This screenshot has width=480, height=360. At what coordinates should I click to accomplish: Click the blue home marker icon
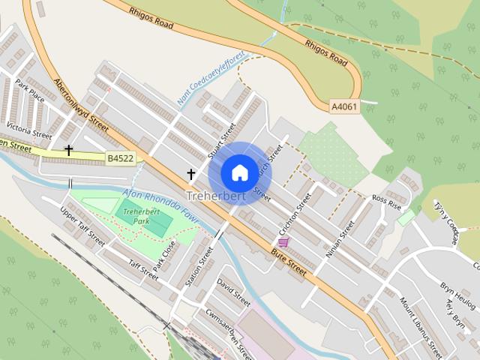(239, 172)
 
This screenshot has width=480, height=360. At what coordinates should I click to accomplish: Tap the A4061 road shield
(344, 107)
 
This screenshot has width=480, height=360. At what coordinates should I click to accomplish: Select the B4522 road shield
(120, 158)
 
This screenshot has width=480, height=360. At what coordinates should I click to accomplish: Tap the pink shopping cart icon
(283, 242)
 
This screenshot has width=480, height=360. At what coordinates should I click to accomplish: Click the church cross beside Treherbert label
(190, 175)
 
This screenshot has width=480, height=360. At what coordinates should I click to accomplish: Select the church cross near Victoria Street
(69, 151)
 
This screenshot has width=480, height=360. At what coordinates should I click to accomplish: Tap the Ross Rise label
(387, 202)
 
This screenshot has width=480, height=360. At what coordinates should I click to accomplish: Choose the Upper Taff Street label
(82, 226)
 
